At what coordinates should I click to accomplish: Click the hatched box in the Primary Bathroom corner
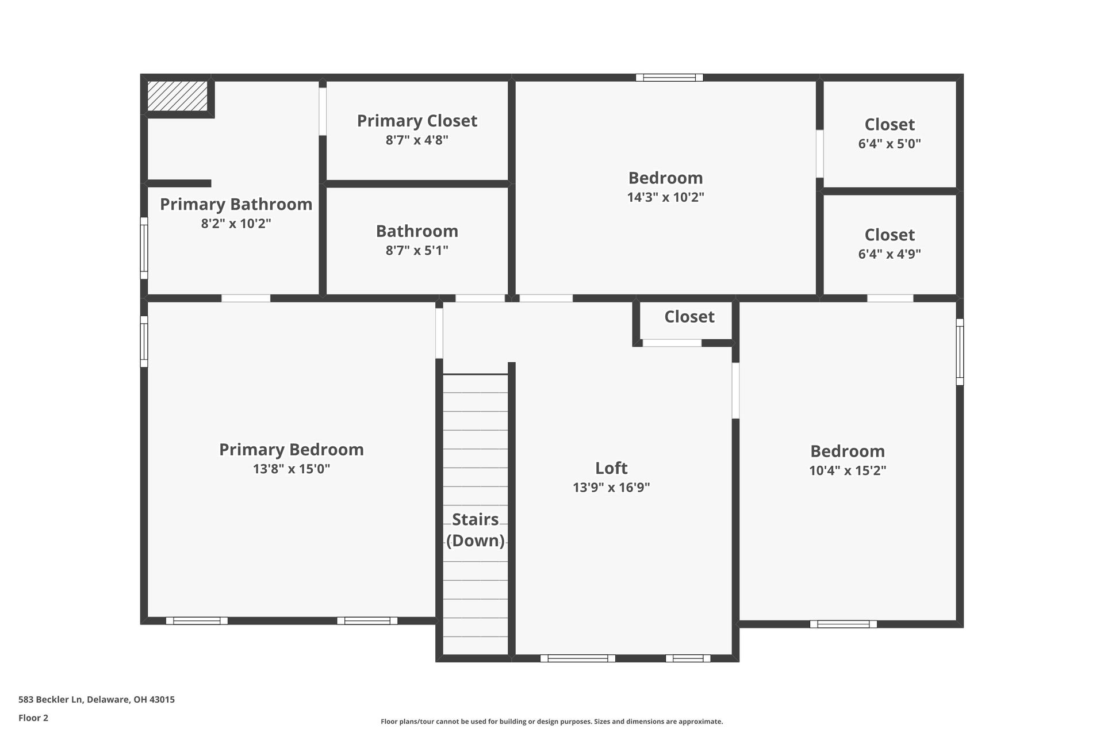click(x=177, y=96)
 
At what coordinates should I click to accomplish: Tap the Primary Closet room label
click(x=417, y=121)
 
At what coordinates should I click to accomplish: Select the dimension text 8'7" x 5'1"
click(x=417, y=250)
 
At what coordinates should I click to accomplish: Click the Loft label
click(x=611, y=467)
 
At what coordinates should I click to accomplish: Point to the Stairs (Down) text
click(x=475, y=530)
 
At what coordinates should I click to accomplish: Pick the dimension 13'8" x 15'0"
click(x=291, y=469)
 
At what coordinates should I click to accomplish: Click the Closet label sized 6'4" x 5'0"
click(x=889, y=124)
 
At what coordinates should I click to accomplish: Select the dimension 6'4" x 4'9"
click(x=889, y=254)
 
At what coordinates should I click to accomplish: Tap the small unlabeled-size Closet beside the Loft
click(x=689, y=317)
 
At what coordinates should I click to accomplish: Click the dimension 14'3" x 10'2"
click(x=665, y=197)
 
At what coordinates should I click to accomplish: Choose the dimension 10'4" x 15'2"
click(x=847, y=470)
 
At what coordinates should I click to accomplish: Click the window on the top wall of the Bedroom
click(x=669, y=78)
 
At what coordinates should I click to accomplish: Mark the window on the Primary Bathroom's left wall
click(x=144, y=248)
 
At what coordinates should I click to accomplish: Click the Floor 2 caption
click(x=33, y=718)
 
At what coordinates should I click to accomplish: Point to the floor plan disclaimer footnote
click(x=551, y=721)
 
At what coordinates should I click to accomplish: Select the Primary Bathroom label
click(x=236, y=204)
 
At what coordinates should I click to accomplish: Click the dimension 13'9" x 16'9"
click(x=611, y=488)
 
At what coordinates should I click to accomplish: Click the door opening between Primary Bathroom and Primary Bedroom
click(x=246, y=298)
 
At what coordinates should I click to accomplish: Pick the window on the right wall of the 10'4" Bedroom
click(x=959, y=351)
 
